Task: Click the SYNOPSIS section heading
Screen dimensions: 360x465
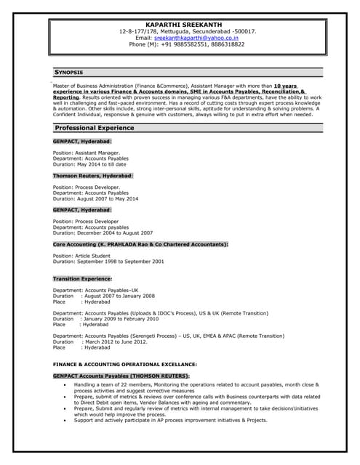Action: pyautogui.click(x=69, y=73)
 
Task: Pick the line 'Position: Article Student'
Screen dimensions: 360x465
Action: pyautogui.click(x=83, y=256)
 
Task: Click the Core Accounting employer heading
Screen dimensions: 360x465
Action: pyautogui.click(x=140, y=244)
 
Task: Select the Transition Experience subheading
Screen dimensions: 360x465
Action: pyautogui.click(x=82, y=279)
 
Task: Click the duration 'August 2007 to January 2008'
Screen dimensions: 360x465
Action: pyautogui.click(x=119, y=296)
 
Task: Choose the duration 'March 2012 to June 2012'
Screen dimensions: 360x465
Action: pyautogui.click(x=116, y=342)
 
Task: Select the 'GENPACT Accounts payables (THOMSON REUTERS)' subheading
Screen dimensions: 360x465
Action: pyautogui.click(x=121, y=376)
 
